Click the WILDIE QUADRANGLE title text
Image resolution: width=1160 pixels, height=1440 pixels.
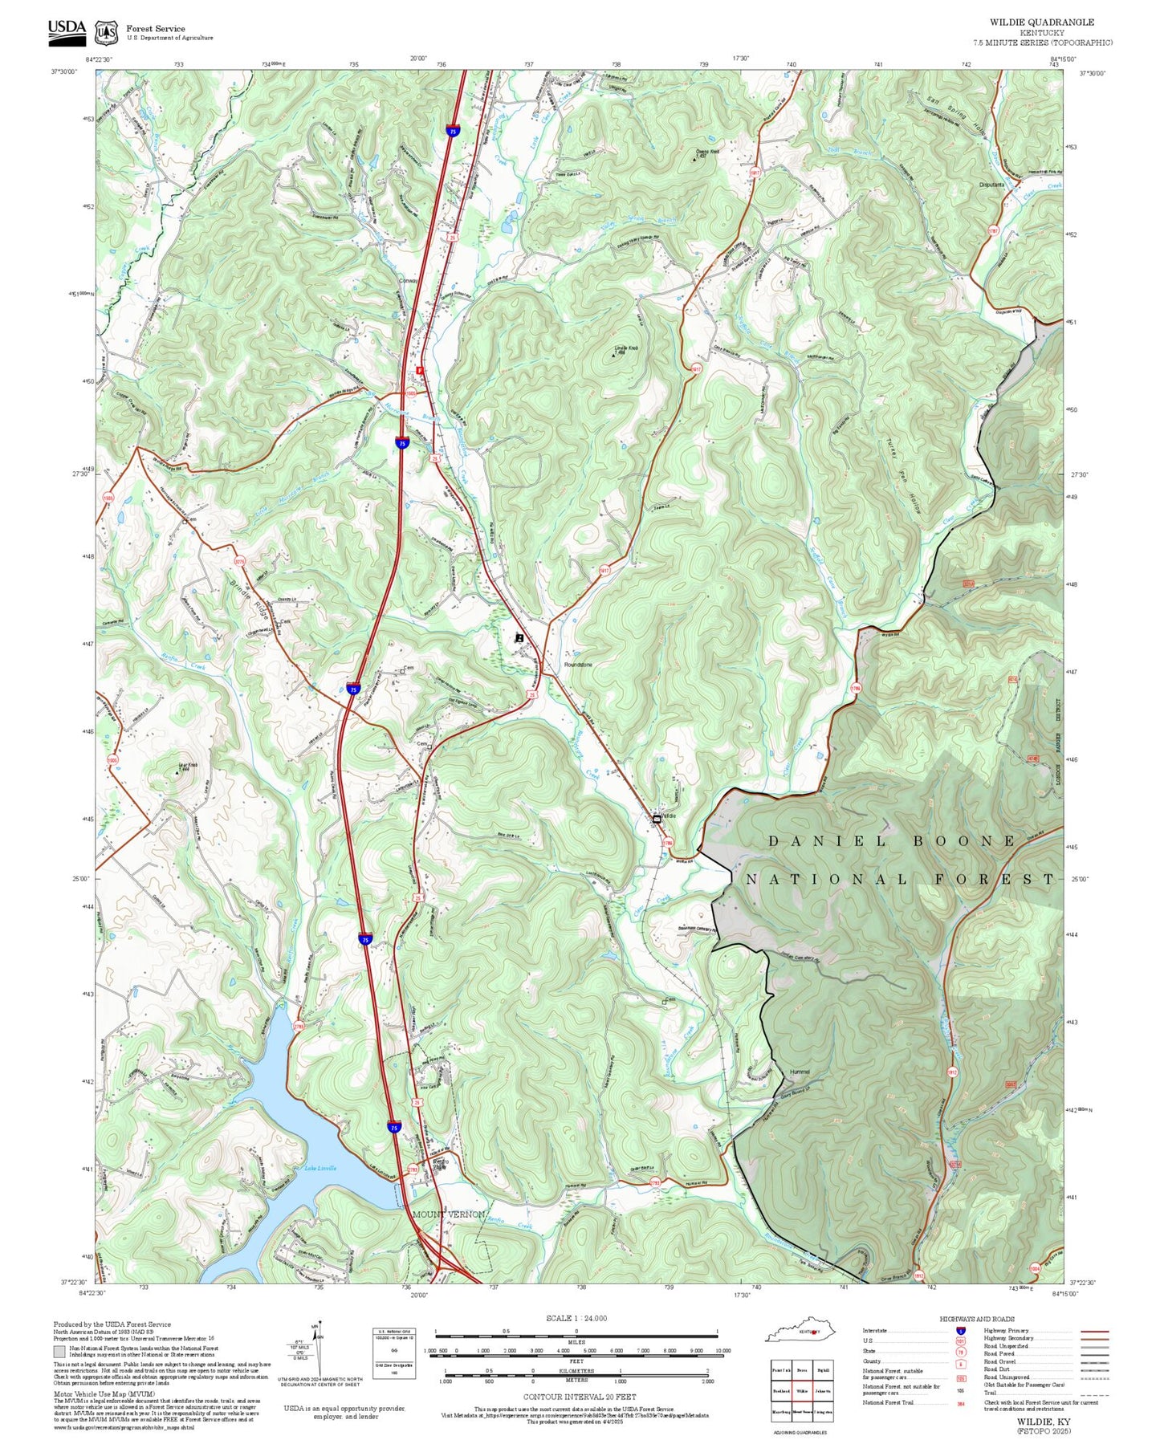(1041, 22)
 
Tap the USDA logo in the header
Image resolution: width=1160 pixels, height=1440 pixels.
(67, 30)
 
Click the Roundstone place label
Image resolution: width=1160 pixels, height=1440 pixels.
(577, 665)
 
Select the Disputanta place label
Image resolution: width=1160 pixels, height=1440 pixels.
(991, 185)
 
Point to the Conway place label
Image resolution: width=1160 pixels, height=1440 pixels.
(409, 281)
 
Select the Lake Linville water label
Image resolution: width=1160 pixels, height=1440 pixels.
(320, 1168)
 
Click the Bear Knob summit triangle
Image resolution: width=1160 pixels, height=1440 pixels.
(177, 772)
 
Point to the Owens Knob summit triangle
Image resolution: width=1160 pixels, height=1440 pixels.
(694, 159)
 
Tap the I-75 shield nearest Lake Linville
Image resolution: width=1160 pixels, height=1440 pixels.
(393, 1127)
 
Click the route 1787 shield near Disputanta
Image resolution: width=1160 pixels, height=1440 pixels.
(993, 231)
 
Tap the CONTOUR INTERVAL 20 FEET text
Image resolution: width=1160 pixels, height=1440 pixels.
(579, 1397)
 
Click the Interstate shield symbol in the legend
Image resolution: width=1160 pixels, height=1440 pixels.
(962, 1331)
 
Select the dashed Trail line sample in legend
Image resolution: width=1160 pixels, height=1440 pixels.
(1094, 1395)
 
